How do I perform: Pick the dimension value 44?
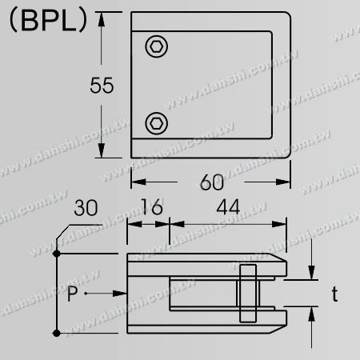click(226, 210)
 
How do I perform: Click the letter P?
click(74, 294)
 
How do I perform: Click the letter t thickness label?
click(335, 294)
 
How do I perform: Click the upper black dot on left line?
click(57, 254)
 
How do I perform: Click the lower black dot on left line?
click(57, 331)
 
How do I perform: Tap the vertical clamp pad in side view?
click(247, 294)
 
